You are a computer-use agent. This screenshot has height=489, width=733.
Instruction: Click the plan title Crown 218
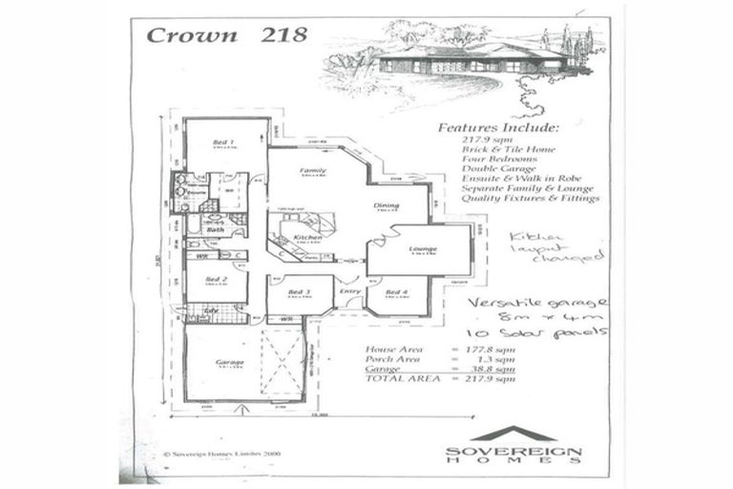pyautogui.click(x=226, y=35)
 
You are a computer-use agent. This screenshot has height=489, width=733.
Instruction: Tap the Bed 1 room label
pyautogui.click(x=225, y=140)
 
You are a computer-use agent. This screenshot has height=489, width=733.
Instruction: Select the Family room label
pyautogui.click(x=314, y=170)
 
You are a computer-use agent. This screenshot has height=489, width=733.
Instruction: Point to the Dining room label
pyautogui.click(x=387, y=205)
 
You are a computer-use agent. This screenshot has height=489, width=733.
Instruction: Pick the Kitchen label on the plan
pyautogui.click(x=306, y=236)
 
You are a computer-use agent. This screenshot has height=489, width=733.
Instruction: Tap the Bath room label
pyautogui.click(x=215, y=229)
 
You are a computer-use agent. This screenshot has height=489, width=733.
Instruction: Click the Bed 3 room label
pyautogui.click(x=299, y=291)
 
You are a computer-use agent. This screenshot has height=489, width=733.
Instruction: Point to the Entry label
pyautogui.click(x=349, y=291)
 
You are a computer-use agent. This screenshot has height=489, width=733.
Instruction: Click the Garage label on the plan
pyautogui.click(x=229, y=362)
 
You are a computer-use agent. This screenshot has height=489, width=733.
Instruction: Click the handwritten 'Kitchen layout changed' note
pyautogui.click(x=555, y=245)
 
